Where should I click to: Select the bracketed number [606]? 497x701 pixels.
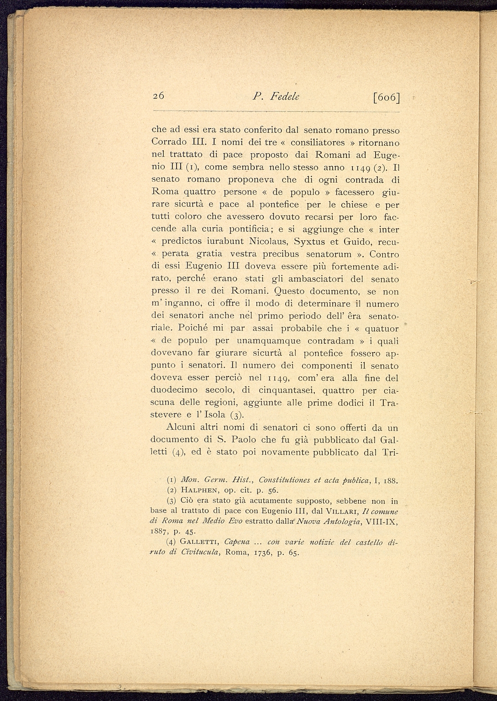click(386, 97)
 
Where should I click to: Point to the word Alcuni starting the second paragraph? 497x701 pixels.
click(182, 428)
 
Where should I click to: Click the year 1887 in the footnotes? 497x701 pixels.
click(160, 531)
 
